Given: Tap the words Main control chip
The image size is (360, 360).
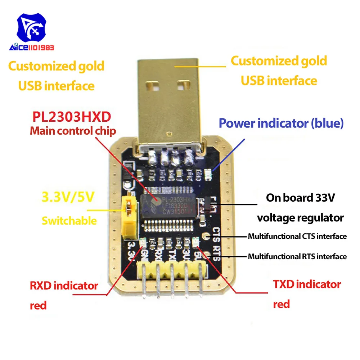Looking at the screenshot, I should [x=73, y=131].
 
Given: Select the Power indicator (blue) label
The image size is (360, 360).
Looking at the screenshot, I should [x=281, y=123].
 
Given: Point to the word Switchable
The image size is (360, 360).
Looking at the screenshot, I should [x=69, y=220].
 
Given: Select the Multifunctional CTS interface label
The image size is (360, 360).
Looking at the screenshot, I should [x=297, y=237].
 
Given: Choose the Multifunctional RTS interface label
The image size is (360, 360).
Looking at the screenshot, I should [x=297, y=257].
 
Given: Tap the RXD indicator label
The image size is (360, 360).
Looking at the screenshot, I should [x=64, y=286].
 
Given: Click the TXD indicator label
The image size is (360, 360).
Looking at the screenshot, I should [x=307, y=284].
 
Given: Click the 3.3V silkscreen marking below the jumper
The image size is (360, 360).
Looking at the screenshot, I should [x=132, y=251].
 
